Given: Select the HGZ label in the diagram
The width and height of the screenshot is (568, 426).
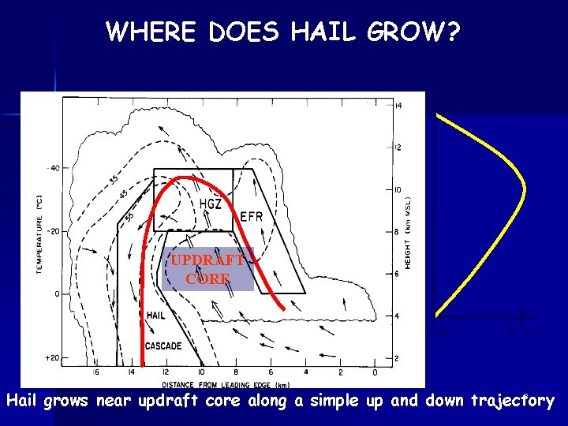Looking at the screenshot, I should pyautogui.click(x=210, y=204).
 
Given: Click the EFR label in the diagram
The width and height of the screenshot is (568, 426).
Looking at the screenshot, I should pyautogui.click(x=251, y=216).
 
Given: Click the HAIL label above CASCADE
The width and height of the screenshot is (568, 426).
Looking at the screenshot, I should pyautogui.click(x=155, y=315).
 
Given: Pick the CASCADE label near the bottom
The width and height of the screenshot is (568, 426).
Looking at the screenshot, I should pyautogui.click(x=163, y=346).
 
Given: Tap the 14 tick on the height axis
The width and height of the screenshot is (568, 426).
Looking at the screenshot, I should pyautogui.click(x=398, y=105).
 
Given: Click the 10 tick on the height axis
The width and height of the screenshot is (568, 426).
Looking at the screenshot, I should pyautogui.click(x=398, y=190).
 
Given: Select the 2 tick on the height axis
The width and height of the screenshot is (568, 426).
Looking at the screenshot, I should pyautogui.click(x=398, y=358).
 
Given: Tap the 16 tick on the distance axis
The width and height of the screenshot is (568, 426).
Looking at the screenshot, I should pyautogui.click(x=95, y=372).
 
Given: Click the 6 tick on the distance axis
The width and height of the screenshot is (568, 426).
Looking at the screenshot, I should pyautogui.click(x=271, y=372).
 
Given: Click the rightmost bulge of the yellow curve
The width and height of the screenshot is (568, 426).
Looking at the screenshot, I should pyautogui.click(x=524, y=190).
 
